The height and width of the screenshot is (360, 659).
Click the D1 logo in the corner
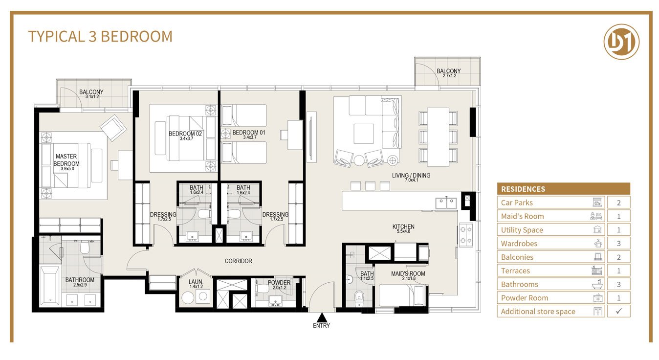(x=621, y=42)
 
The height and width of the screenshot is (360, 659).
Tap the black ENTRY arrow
(x=322, y=317)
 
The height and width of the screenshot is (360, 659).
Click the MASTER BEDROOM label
(x=66, y=160)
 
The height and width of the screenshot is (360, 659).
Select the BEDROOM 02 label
(x=185, y=134)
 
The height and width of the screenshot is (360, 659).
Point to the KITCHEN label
(x=403, y=226)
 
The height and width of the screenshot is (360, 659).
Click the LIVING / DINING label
(x=411, y=176)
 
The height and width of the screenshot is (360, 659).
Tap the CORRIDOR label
(x=238, y=261)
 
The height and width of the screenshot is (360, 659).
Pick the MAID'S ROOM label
(x=408, y=273)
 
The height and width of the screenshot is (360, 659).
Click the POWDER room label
(x=279, y=283)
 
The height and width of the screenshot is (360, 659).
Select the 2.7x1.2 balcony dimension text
(x=450, y=76)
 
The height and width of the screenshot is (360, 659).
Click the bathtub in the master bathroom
(x=50, y=286)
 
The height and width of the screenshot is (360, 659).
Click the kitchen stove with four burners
(x=466, y=235)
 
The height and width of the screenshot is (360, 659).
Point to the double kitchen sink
(x=446, y=203)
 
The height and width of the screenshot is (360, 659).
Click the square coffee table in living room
(x=364, y=134)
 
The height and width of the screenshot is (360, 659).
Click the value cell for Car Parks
(x=619, y=202)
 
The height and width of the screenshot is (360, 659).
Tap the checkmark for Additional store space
(x=619, y=311)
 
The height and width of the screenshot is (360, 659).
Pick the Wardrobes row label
(x=519, y=244)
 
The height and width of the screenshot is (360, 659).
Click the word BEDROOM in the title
(x=136, y=37)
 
